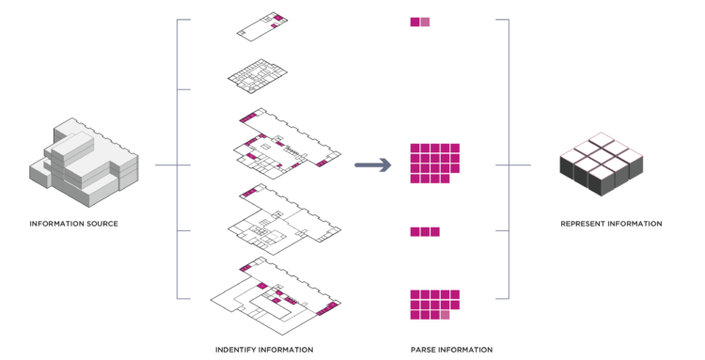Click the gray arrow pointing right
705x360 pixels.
click(x=372, y=165)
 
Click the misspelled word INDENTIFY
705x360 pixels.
click(x=240, y=350)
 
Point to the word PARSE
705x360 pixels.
click(x=423, y=350)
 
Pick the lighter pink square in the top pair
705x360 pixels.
click(x=425, y=22)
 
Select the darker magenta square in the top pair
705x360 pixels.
click(x=415, y=22)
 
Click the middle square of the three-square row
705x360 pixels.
click(x=425, y=231)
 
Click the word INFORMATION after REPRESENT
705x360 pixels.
click(x=635, y=224)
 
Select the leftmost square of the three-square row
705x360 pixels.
click(x=415, y=231)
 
